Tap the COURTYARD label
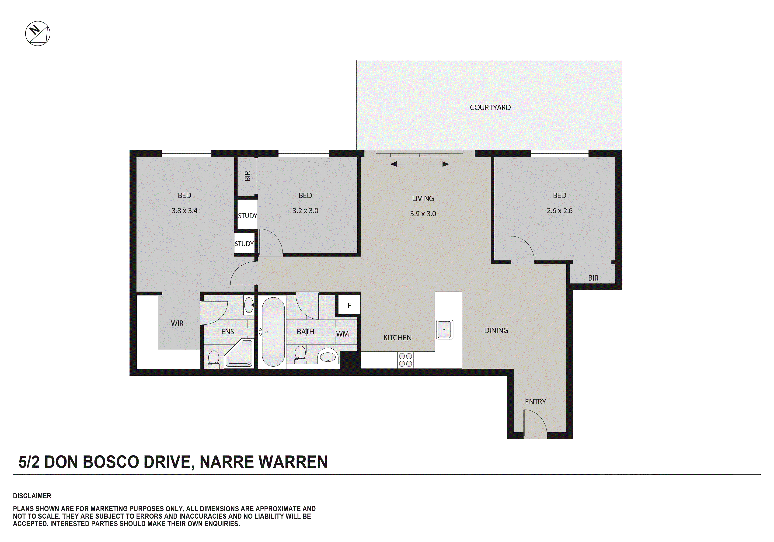coord(490,108)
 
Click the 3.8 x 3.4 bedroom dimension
coord(184,211)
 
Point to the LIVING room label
coord(423,198)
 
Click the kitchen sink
coord(444,329)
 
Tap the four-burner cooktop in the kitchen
coord(405,360)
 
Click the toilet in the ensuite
coord(213,359)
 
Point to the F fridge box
coord(349,305)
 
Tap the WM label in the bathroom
coord(342,334)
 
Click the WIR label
coord(177,323)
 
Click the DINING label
coord(496,330)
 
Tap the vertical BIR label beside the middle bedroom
coord(248,176)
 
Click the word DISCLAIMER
coord(32,496)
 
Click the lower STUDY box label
coord(244,244)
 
